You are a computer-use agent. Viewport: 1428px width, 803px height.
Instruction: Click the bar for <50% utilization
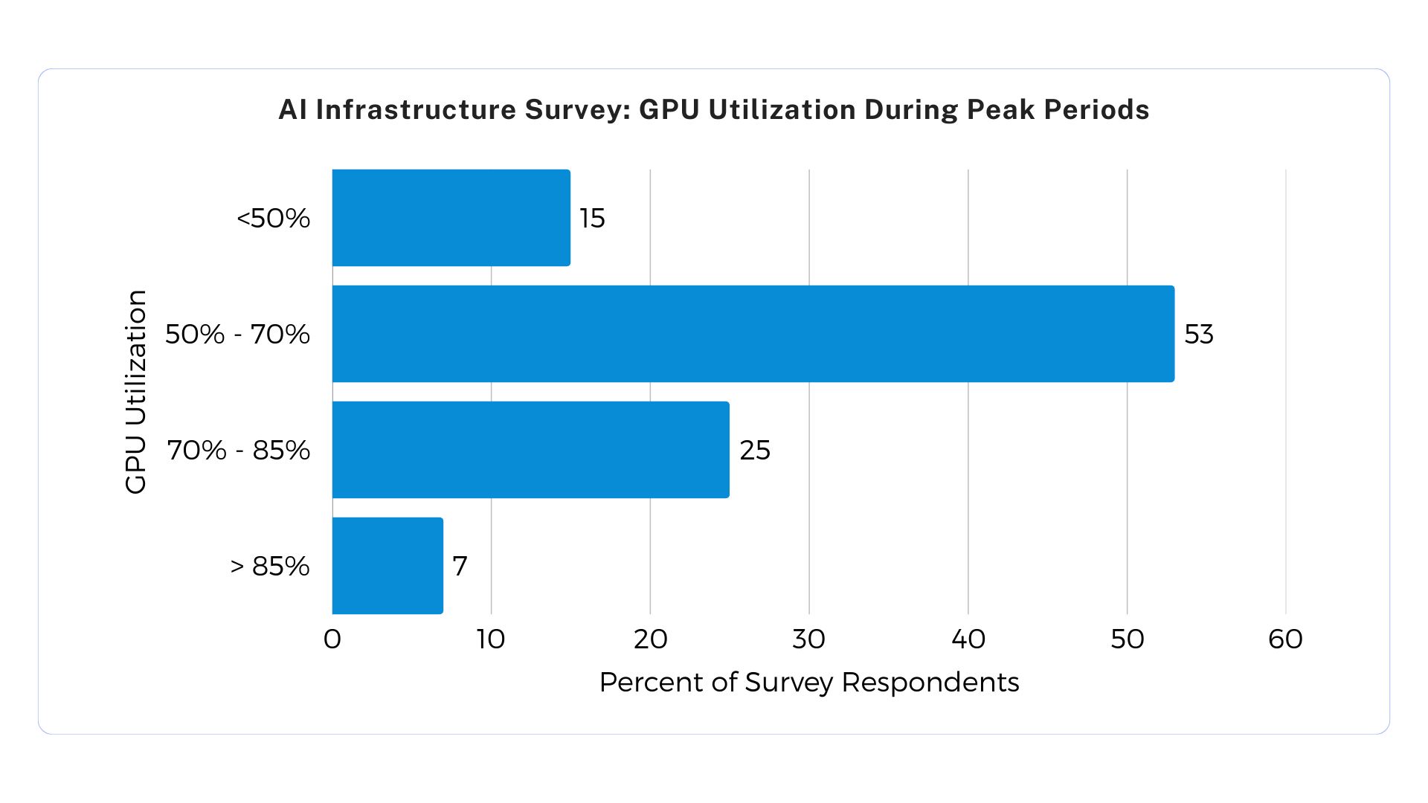coord(451,218)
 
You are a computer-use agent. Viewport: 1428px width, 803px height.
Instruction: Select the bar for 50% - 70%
coord(753,334)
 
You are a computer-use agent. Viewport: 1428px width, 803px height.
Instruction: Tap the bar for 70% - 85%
coord(530,450)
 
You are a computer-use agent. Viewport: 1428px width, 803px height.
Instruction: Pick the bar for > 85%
coord(387,566)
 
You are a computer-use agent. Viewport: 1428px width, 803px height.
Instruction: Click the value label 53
coord(1198,334)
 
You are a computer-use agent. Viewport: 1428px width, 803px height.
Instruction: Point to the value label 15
coord(592,218)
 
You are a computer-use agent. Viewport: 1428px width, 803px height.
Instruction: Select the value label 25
coord(754,450)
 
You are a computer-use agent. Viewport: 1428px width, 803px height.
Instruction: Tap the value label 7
coord(460,566)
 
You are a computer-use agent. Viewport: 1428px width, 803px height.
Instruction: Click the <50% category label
coord(273,218)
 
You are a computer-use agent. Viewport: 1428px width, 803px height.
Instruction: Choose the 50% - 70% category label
coord(237,334)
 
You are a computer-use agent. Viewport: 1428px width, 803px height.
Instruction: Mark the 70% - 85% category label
coord(238,450)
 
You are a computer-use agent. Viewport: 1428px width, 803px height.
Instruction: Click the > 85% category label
coord(269,566)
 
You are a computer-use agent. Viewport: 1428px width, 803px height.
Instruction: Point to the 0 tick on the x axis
coord(332,639)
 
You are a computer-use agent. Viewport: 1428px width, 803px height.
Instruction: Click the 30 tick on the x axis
coord(808,639)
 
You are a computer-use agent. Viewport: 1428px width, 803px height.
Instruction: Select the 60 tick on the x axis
coord(1285,639)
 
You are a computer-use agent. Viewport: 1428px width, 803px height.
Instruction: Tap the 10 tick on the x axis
coord(491,639)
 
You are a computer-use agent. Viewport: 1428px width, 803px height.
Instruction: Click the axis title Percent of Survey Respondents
coord(808,682)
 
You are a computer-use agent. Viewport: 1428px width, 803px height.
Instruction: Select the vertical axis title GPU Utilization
coord(135,392)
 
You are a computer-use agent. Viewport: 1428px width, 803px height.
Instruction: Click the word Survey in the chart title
coord(577,109)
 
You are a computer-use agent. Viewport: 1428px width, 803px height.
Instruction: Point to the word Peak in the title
coord(1001,109)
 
